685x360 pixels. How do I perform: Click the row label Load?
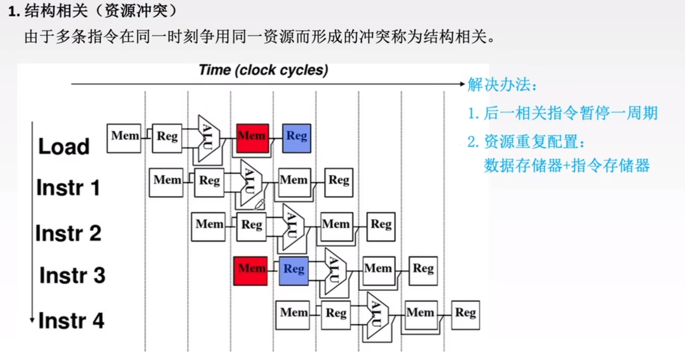64,147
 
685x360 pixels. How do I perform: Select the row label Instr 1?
68,188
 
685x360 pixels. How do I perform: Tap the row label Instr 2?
68,233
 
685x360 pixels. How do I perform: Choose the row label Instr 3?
72,275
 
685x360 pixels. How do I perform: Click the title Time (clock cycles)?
263,70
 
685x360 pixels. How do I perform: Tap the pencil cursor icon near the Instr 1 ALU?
259,205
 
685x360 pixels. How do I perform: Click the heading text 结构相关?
56,11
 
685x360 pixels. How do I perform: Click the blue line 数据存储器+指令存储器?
567,166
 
